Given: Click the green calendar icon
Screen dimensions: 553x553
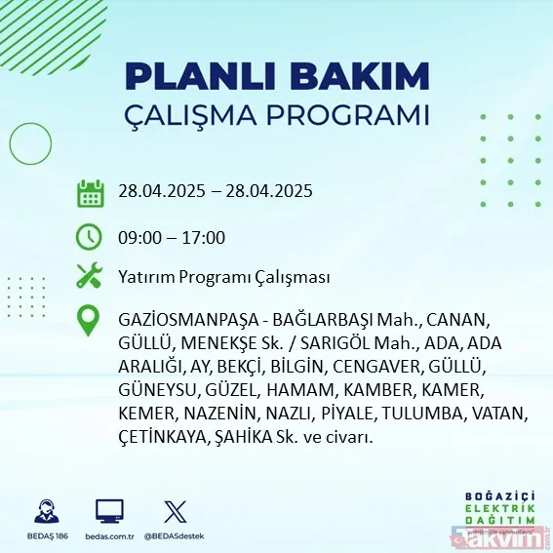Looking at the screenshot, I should point(90,192).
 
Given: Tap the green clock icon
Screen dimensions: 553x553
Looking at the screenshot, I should point(90,236).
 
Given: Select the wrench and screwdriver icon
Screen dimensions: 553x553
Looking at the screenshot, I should point(90,277).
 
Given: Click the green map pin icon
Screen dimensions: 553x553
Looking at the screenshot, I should point(90,321).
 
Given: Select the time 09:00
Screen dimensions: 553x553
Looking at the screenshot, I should point(138,237).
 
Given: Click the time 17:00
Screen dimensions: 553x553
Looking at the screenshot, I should point(204,237).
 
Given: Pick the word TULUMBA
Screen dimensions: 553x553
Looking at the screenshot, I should point(423,414).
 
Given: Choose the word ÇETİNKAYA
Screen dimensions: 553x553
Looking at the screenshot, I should point(159,438).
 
